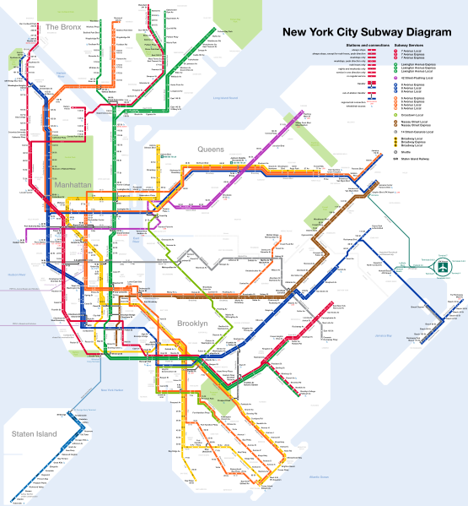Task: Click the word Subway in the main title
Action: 377,32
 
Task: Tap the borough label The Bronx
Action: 63,27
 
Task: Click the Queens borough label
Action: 211,150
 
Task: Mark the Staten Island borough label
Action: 34,434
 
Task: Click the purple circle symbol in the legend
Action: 395,79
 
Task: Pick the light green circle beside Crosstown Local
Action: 395,115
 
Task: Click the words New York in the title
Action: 314,32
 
